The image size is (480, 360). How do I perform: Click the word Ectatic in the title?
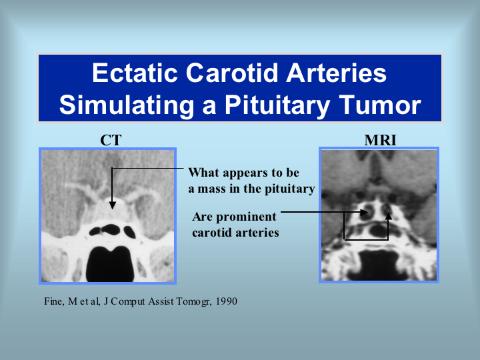[x=135, y=73]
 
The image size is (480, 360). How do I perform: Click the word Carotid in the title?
[x=232, y=73]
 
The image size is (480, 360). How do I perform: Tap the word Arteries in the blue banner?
[x=336, y=73]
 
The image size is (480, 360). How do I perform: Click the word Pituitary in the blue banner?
[x=277, y=105]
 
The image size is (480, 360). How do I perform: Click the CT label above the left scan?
[x=111, y=141]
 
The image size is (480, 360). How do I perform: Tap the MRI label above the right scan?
[x=380, y=141]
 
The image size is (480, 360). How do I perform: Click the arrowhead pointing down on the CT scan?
[x=113, y=205]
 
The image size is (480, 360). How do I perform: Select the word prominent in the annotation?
[x=246, y=217]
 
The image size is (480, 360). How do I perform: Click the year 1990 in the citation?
[x=226, y=301]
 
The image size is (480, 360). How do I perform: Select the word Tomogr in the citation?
[x=193, y=302]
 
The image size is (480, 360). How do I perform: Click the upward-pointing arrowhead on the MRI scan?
[x=389, y=216]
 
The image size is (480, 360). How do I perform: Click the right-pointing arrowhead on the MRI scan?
[x=364, y=212]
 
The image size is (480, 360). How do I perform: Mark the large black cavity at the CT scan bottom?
[x=110, y=264]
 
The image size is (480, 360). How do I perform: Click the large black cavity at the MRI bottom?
[x=379, y=264]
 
